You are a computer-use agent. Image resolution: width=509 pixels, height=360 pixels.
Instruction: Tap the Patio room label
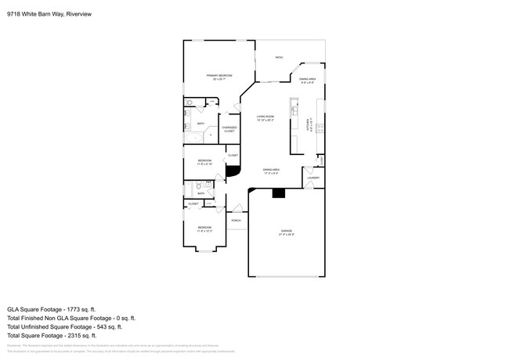click(x=279, y=57)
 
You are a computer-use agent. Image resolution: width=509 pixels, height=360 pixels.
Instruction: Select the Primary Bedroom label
click(x=219, y=77)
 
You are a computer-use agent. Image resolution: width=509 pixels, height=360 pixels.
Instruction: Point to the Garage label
click(x=287, y=232)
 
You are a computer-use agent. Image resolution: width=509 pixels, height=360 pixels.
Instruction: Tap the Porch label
click(x=236, y=220)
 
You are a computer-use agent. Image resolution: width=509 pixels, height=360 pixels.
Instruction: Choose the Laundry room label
click(x=313, y=178)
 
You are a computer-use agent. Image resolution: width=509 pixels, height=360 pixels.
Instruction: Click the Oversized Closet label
click(x=229, y=130)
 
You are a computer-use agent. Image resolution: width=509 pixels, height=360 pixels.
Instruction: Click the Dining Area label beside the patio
click(x=308, y=81)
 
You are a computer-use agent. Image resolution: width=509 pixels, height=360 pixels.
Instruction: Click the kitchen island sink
click(x=294, y=108)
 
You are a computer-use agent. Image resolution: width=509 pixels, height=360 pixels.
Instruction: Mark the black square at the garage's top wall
click(x=277, y=193)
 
